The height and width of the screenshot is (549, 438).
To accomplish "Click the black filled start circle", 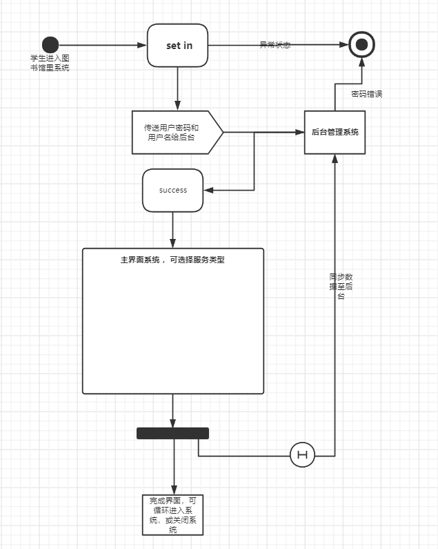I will (50, 46).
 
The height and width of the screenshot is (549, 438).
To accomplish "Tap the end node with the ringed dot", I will (361, 46).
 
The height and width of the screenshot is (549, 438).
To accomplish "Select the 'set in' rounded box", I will (177, 46).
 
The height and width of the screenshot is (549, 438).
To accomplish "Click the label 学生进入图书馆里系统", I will (50, 64).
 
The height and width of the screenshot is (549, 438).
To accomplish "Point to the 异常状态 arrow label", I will (275, 45).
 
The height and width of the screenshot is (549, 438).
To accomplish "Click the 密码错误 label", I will (366, 94).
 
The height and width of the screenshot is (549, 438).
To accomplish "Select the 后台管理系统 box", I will (335, 131).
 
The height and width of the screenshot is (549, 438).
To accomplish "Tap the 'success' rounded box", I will (172, 190).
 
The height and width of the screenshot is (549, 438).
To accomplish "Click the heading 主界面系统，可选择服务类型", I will (172, 260).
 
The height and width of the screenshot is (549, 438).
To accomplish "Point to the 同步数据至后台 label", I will (341, 286).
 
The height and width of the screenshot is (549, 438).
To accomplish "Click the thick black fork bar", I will (172, 433).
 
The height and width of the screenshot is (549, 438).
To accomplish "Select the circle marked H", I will (302, 455).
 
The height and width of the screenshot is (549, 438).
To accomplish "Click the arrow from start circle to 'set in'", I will (103, 46).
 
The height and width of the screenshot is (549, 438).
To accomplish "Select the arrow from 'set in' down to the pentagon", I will (177, 88).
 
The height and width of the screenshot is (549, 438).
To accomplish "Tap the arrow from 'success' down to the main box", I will (172, 229).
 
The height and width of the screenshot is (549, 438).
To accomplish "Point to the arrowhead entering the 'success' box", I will (209, 190).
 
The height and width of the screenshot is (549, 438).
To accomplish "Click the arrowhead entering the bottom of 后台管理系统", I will (335, 158).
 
